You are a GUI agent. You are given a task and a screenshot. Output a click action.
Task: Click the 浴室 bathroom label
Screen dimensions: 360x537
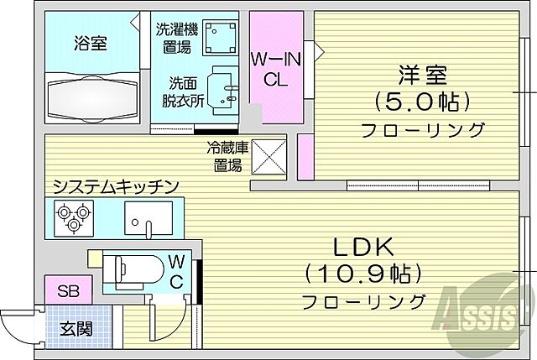91,43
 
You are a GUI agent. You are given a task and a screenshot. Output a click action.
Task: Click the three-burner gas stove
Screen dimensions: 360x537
71,220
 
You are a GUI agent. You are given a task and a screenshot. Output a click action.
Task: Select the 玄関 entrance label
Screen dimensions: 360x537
76,328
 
